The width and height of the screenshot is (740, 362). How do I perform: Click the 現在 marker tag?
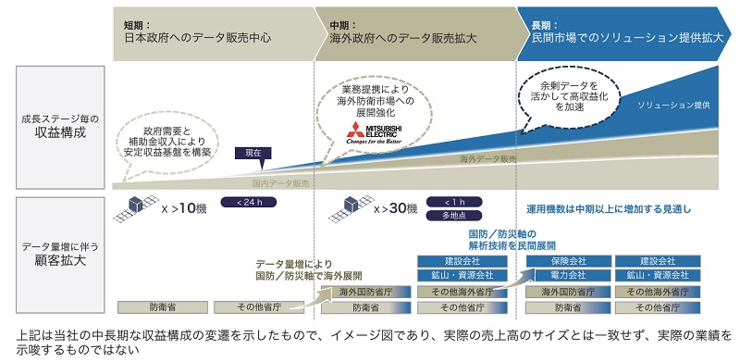pyautogui.click(x=253, y=152)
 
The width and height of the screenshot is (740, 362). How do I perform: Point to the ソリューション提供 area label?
pyautogui.click(x=673, y=106)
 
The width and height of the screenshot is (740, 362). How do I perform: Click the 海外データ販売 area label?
pyautogui.click(x=487, y=159)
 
